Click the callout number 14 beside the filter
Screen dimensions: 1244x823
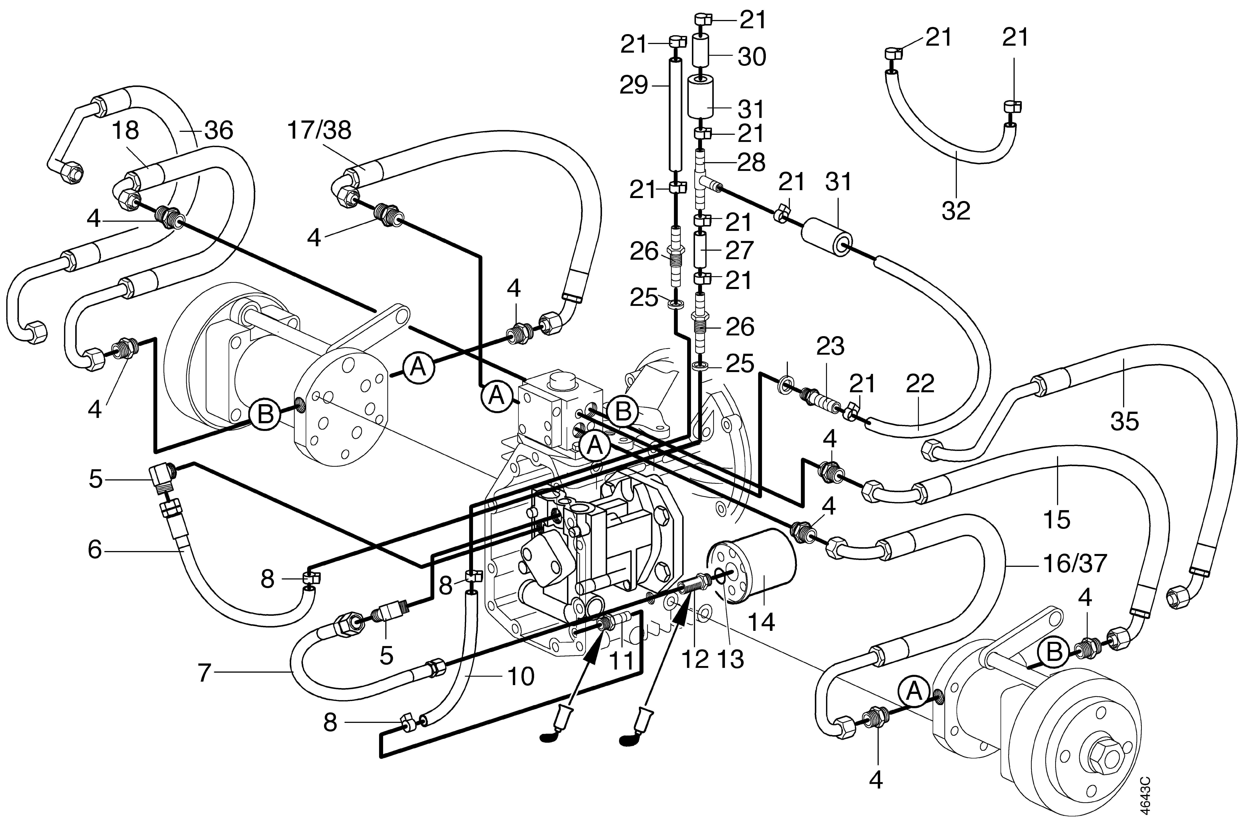(x=761, y=622)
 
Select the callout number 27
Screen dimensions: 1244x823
(x=739, y=250)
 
